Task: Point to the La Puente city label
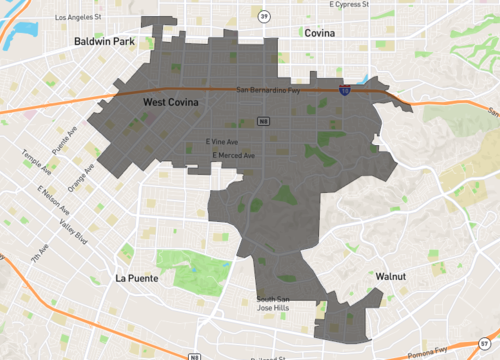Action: (x=136, y=278)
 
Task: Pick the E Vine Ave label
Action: (x=221, y=141)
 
